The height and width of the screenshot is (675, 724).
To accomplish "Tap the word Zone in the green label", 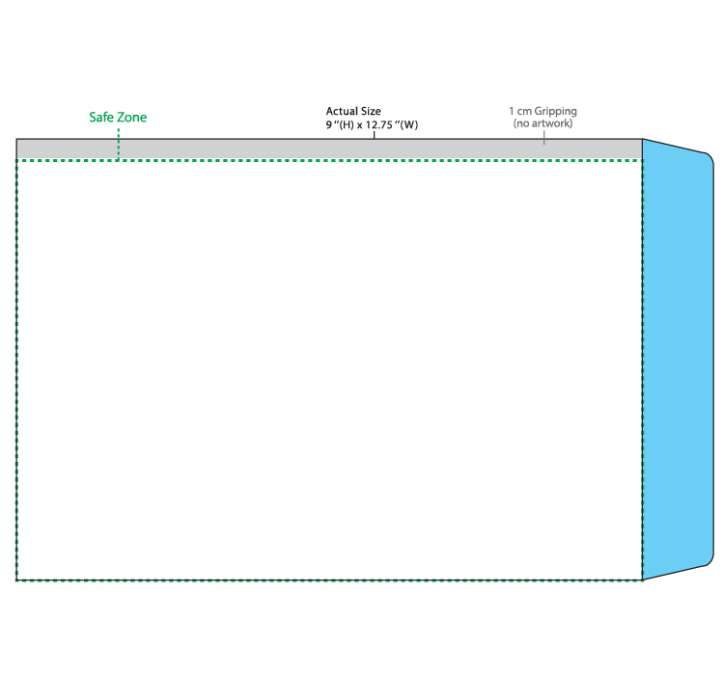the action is (131, 118).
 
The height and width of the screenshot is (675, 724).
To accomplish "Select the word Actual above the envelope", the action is (341, 111).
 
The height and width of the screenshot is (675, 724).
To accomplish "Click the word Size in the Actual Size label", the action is (371, 111).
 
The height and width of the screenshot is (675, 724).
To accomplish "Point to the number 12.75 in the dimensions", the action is (378, 125).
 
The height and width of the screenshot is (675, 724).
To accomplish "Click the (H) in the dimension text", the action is (347, 125).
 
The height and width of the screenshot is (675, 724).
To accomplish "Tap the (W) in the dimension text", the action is (409, 125).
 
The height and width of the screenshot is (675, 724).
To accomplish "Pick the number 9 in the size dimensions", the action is (329, 125).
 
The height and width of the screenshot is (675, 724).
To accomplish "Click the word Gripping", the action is (555, 112).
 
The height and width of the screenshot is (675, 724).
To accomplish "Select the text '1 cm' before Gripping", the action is (520, 111).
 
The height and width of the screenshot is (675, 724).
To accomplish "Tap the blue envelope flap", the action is (678, 360).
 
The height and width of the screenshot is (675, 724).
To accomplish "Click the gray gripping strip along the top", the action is (329, 149).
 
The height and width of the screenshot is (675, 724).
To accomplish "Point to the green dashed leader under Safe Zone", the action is (119, 145).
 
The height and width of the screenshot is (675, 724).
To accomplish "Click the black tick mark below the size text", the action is (374, 135).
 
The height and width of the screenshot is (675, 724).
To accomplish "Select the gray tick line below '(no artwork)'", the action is (543, 138).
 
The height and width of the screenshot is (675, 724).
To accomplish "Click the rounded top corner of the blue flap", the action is (710, 157).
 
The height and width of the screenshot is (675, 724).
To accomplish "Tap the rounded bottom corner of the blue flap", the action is (710, 561).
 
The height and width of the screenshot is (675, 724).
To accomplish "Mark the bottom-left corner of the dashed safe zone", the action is (17, 580).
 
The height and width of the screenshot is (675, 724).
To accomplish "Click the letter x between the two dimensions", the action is (359, 125).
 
